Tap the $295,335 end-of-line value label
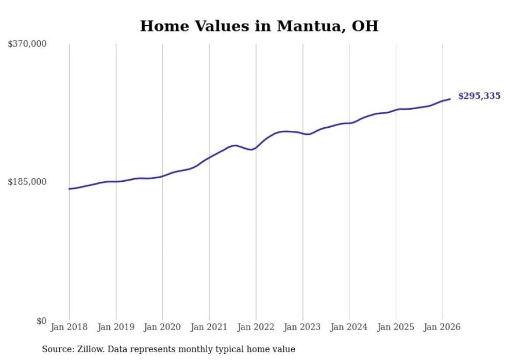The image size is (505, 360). (479, 96)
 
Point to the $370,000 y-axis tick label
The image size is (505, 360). (27, 44)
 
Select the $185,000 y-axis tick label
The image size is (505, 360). (27, 182)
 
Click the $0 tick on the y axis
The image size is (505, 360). (41, 321)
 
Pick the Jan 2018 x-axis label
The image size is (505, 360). (69, 327)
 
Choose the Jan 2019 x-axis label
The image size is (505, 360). (116, 327)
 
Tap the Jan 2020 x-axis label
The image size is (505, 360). (162, 327)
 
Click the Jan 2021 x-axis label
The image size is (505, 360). (209, 327)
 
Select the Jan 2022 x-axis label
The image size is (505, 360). (256, 327)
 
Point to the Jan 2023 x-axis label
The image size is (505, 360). (302, 327)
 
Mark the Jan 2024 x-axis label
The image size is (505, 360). (349, 327)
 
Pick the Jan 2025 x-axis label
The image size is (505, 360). (396, 327)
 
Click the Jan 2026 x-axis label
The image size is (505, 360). (442, 327)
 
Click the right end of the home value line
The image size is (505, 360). (450, 99)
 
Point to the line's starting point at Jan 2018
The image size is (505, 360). (69, 189)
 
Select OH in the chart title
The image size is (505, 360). (365, 26)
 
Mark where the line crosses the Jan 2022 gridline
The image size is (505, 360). (256, 148)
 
